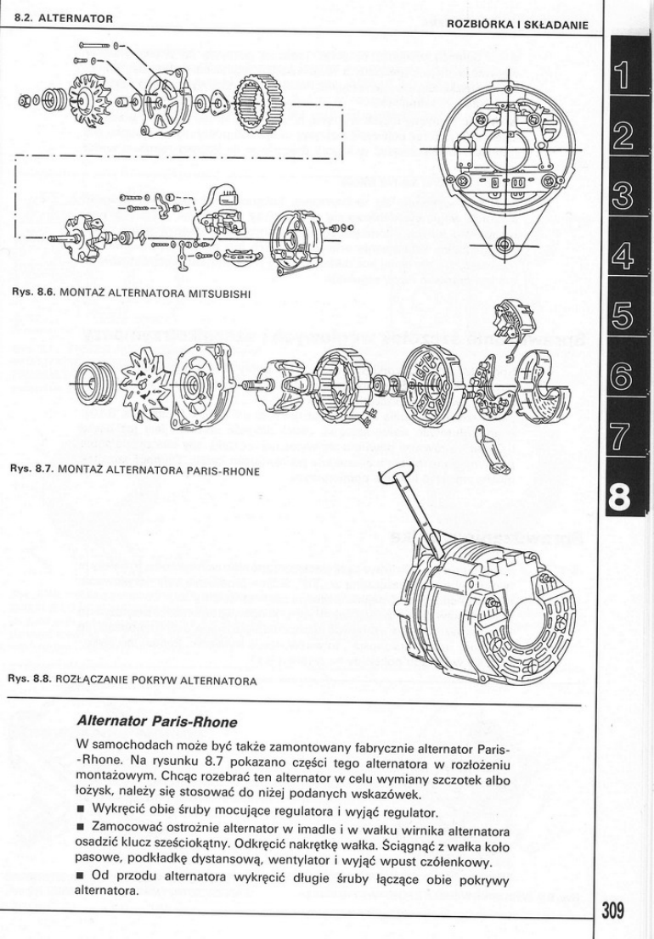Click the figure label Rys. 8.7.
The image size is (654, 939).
click(30, 468)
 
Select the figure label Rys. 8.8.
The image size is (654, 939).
click(30, 680)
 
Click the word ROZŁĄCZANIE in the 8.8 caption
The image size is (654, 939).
click(93, 680)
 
